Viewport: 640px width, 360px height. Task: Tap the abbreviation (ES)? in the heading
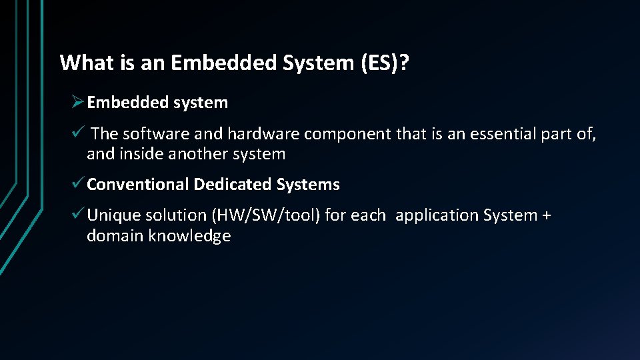pos(386,63)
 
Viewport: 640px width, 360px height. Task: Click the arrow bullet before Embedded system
pos(77,102)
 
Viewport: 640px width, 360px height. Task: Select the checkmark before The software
pos(78,133)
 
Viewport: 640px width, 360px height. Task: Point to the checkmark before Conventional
pos(78,184)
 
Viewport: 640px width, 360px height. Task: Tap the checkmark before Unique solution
pos(78,215)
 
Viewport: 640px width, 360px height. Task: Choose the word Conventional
pos(137,185)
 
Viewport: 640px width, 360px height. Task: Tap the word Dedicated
pos(233,185)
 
